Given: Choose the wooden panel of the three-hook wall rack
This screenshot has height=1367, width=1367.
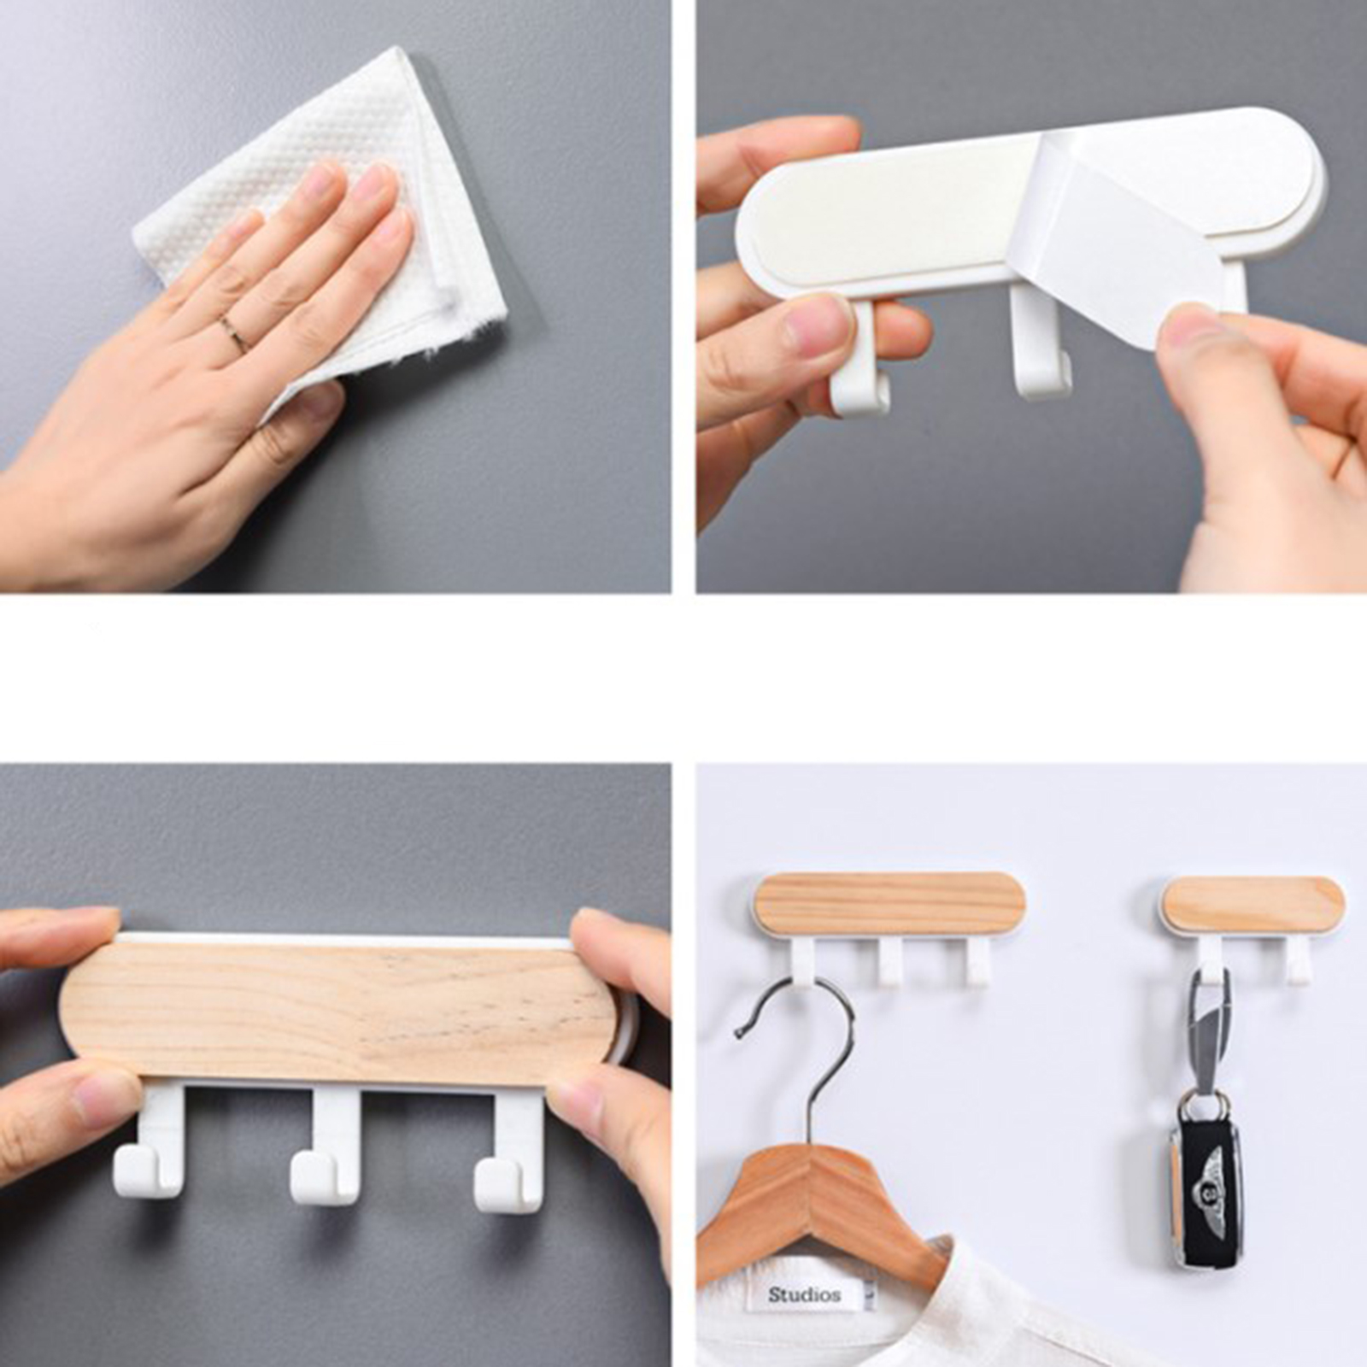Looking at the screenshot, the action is pyautogui.click(x=889, y=905).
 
